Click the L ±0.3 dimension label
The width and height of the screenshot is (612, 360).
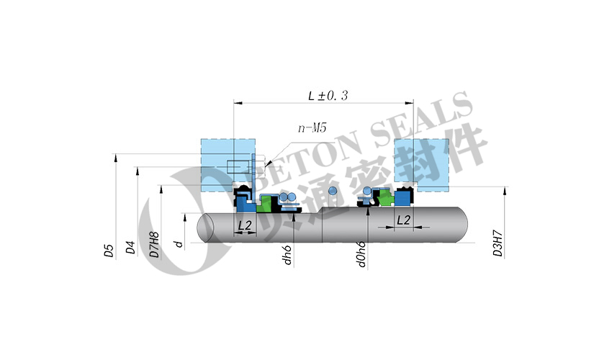328,95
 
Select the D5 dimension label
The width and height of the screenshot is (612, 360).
109,250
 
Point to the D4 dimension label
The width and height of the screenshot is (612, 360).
130,248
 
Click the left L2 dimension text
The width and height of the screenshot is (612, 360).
245,225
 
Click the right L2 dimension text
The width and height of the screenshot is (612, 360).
404,220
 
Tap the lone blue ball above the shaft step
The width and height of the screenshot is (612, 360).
332,191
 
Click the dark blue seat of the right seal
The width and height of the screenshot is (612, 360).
402,200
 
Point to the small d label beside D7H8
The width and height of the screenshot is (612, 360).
177,244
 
